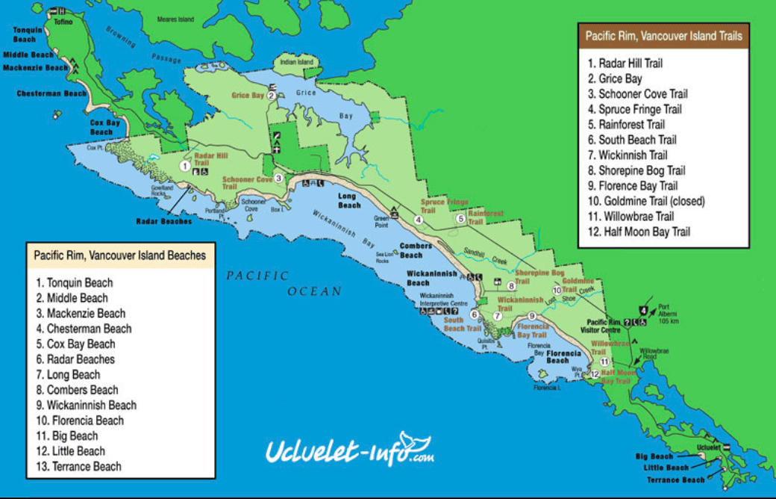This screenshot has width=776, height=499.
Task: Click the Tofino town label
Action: (63, 22)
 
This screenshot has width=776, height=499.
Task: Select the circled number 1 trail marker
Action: (184, 166)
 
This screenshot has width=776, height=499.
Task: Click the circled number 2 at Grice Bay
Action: (272, 96)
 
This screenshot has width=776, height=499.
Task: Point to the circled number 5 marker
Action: (461, 219)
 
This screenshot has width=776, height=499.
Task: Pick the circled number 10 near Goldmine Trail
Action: (556, 290)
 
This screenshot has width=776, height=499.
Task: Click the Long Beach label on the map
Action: (349, 200)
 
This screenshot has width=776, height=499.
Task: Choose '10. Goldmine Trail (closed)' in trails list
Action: (646, 201)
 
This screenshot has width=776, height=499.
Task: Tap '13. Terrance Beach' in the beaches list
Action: (78, 466)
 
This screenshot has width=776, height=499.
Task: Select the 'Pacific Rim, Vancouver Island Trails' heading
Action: (663, 35)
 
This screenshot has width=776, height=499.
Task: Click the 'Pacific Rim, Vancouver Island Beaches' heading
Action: (120, 255)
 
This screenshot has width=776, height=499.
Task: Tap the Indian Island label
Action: (295, 62)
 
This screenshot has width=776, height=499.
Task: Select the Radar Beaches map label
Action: (164, 221)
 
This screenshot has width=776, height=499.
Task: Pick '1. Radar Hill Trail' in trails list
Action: (625, 63)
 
